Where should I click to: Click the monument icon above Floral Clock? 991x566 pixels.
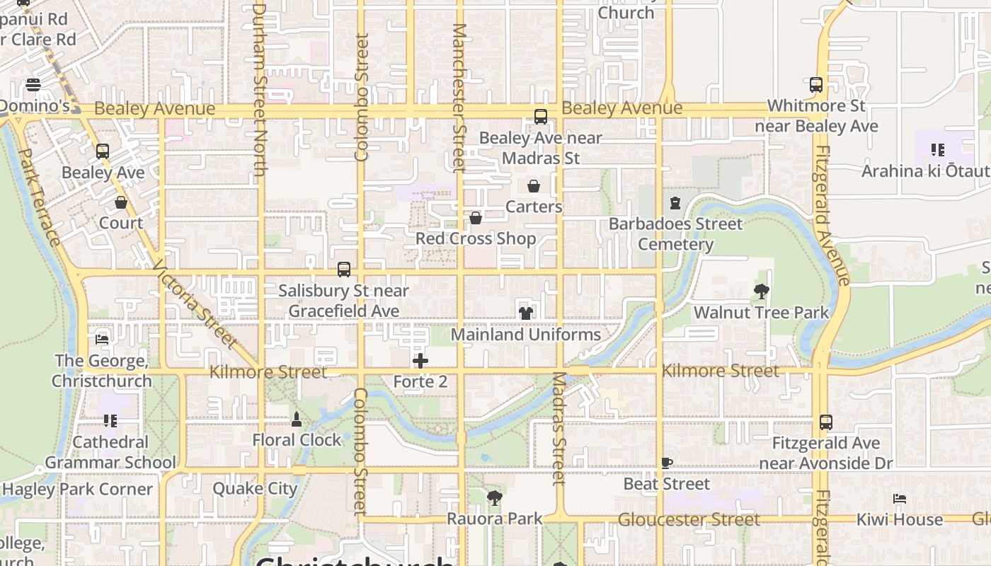tap(297, 420)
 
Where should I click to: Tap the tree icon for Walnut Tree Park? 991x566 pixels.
tap(762, 291)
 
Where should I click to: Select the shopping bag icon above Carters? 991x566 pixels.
tap(534, 186)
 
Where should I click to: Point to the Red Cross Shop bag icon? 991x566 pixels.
tap(476, 218)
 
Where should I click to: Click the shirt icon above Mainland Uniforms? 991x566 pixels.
tap(525, 313)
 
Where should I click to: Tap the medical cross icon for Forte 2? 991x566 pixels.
tap(420, 361)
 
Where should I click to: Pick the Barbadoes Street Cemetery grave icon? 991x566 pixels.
tap(675, 203)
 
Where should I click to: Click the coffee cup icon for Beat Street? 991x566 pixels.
tap(666, 463)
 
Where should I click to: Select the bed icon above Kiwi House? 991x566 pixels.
tap(900, 499)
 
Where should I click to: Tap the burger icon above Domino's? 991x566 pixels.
tap(33, 85)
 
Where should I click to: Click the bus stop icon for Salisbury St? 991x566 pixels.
tap(344, 270)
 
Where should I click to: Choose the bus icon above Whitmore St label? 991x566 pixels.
tap(816, 85)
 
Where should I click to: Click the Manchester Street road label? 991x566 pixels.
tap(459, 98)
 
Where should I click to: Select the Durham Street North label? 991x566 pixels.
tap(259, 89)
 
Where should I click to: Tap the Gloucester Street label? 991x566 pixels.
tap(689, 520)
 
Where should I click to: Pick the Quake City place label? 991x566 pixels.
tap(256, 489)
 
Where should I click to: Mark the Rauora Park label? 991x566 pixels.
tap(495, 519)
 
